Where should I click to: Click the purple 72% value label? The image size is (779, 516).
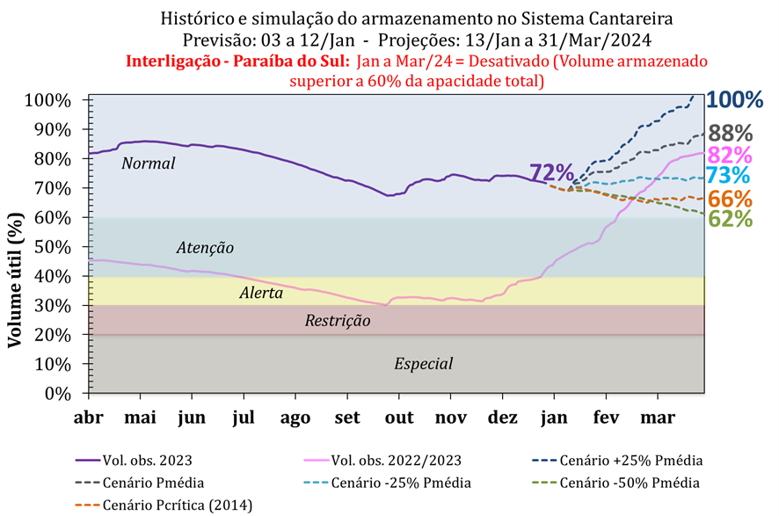click(551, 173)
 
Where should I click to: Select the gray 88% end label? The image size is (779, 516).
click(731, 133)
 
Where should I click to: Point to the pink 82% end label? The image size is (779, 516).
click(731, 155)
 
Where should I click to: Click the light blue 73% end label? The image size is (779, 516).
click(731, 176)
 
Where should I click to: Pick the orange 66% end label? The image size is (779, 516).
click(731, 199)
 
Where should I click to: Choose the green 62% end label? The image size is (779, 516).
click(731, 218)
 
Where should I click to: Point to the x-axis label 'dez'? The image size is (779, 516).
click(503, 416)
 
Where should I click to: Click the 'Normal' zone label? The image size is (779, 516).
click(149, 164)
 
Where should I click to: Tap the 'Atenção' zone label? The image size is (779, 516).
click(205, 249)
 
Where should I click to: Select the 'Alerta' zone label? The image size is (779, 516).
click(261, 294)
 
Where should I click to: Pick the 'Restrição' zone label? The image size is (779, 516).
click(338, 321)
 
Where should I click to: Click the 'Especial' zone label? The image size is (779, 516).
click(424, 363)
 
